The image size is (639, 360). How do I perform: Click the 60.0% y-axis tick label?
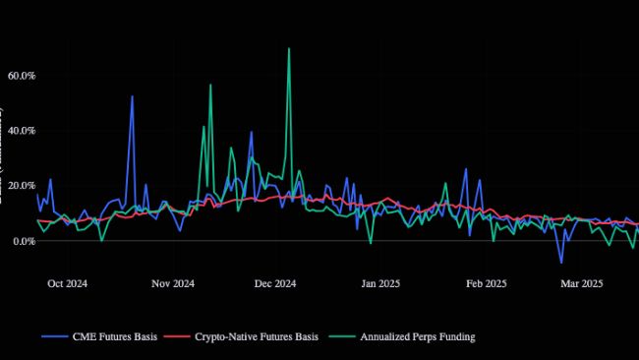[21, 76]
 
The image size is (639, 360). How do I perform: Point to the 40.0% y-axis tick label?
[21, 131]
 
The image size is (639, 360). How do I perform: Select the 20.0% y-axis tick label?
[21, 186]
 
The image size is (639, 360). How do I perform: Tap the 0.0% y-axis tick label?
[23, 241]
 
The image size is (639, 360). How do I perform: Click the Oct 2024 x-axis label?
[68, 284]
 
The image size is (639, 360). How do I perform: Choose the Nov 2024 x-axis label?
[174, 284]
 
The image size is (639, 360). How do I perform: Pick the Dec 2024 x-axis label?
[275, 284]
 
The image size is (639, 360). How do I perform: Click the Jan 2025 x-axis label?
[381, 284]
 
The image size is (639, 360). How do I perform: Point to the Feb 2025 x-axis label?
[487, 284]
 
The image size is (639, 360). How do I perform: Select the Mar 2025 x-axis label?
[582, 284]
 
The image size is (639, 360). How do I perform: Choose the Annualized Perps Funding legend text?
[418, 337]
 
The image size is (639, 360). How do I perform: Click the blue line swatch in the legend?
[54, 337]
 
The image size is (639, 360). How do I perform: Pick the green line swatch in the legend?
[347, 337]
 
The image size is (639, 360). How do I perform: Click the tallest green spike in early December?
[288, 48]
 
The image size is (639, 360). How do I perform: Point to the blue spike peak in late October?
[132, 96]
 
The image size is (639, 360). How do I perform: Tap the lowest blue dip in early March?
[561, 263]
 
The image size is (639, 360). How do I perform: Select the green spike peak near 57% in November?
[210, 86]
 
